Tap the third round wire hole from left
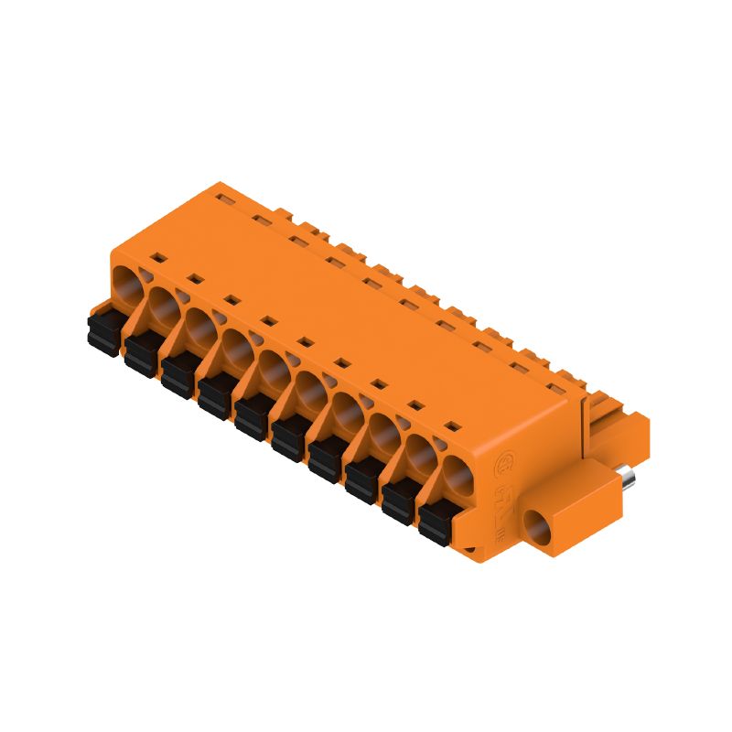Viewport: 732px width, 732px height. [x=199, y=325]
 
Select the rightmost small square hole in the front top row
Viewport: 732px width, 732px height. [x=450, y=425]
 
